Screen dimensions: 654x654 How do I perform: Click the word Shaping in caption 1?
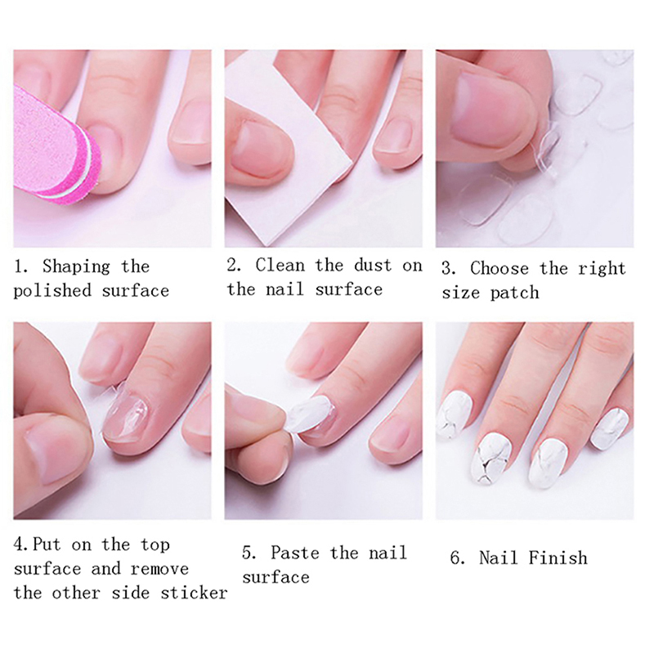[x=76, y=267]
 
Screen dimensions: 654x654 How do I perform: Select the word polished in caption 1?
[x=52, y=291]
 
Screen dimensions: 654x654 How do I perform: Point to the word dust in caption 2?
[x=373, y=265]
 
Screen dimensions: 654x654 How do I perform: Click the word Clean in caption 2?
[x=280, y=265]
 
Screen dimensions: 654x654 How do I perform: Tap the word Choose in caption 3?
[x=499, y=269]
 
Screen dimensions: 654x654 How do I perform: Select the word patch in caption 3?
[x=515, y=293]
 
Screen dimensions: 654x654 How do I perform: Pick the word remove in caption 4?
[x=159, y=569]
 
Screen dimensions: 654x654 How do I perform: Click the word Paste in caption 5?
[x=295, y=553]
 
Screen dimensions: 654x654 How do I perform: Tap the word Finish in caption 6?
[x=558, y=558]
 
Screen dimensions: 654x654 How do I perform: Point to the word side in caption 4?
[x=130, y=594]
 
